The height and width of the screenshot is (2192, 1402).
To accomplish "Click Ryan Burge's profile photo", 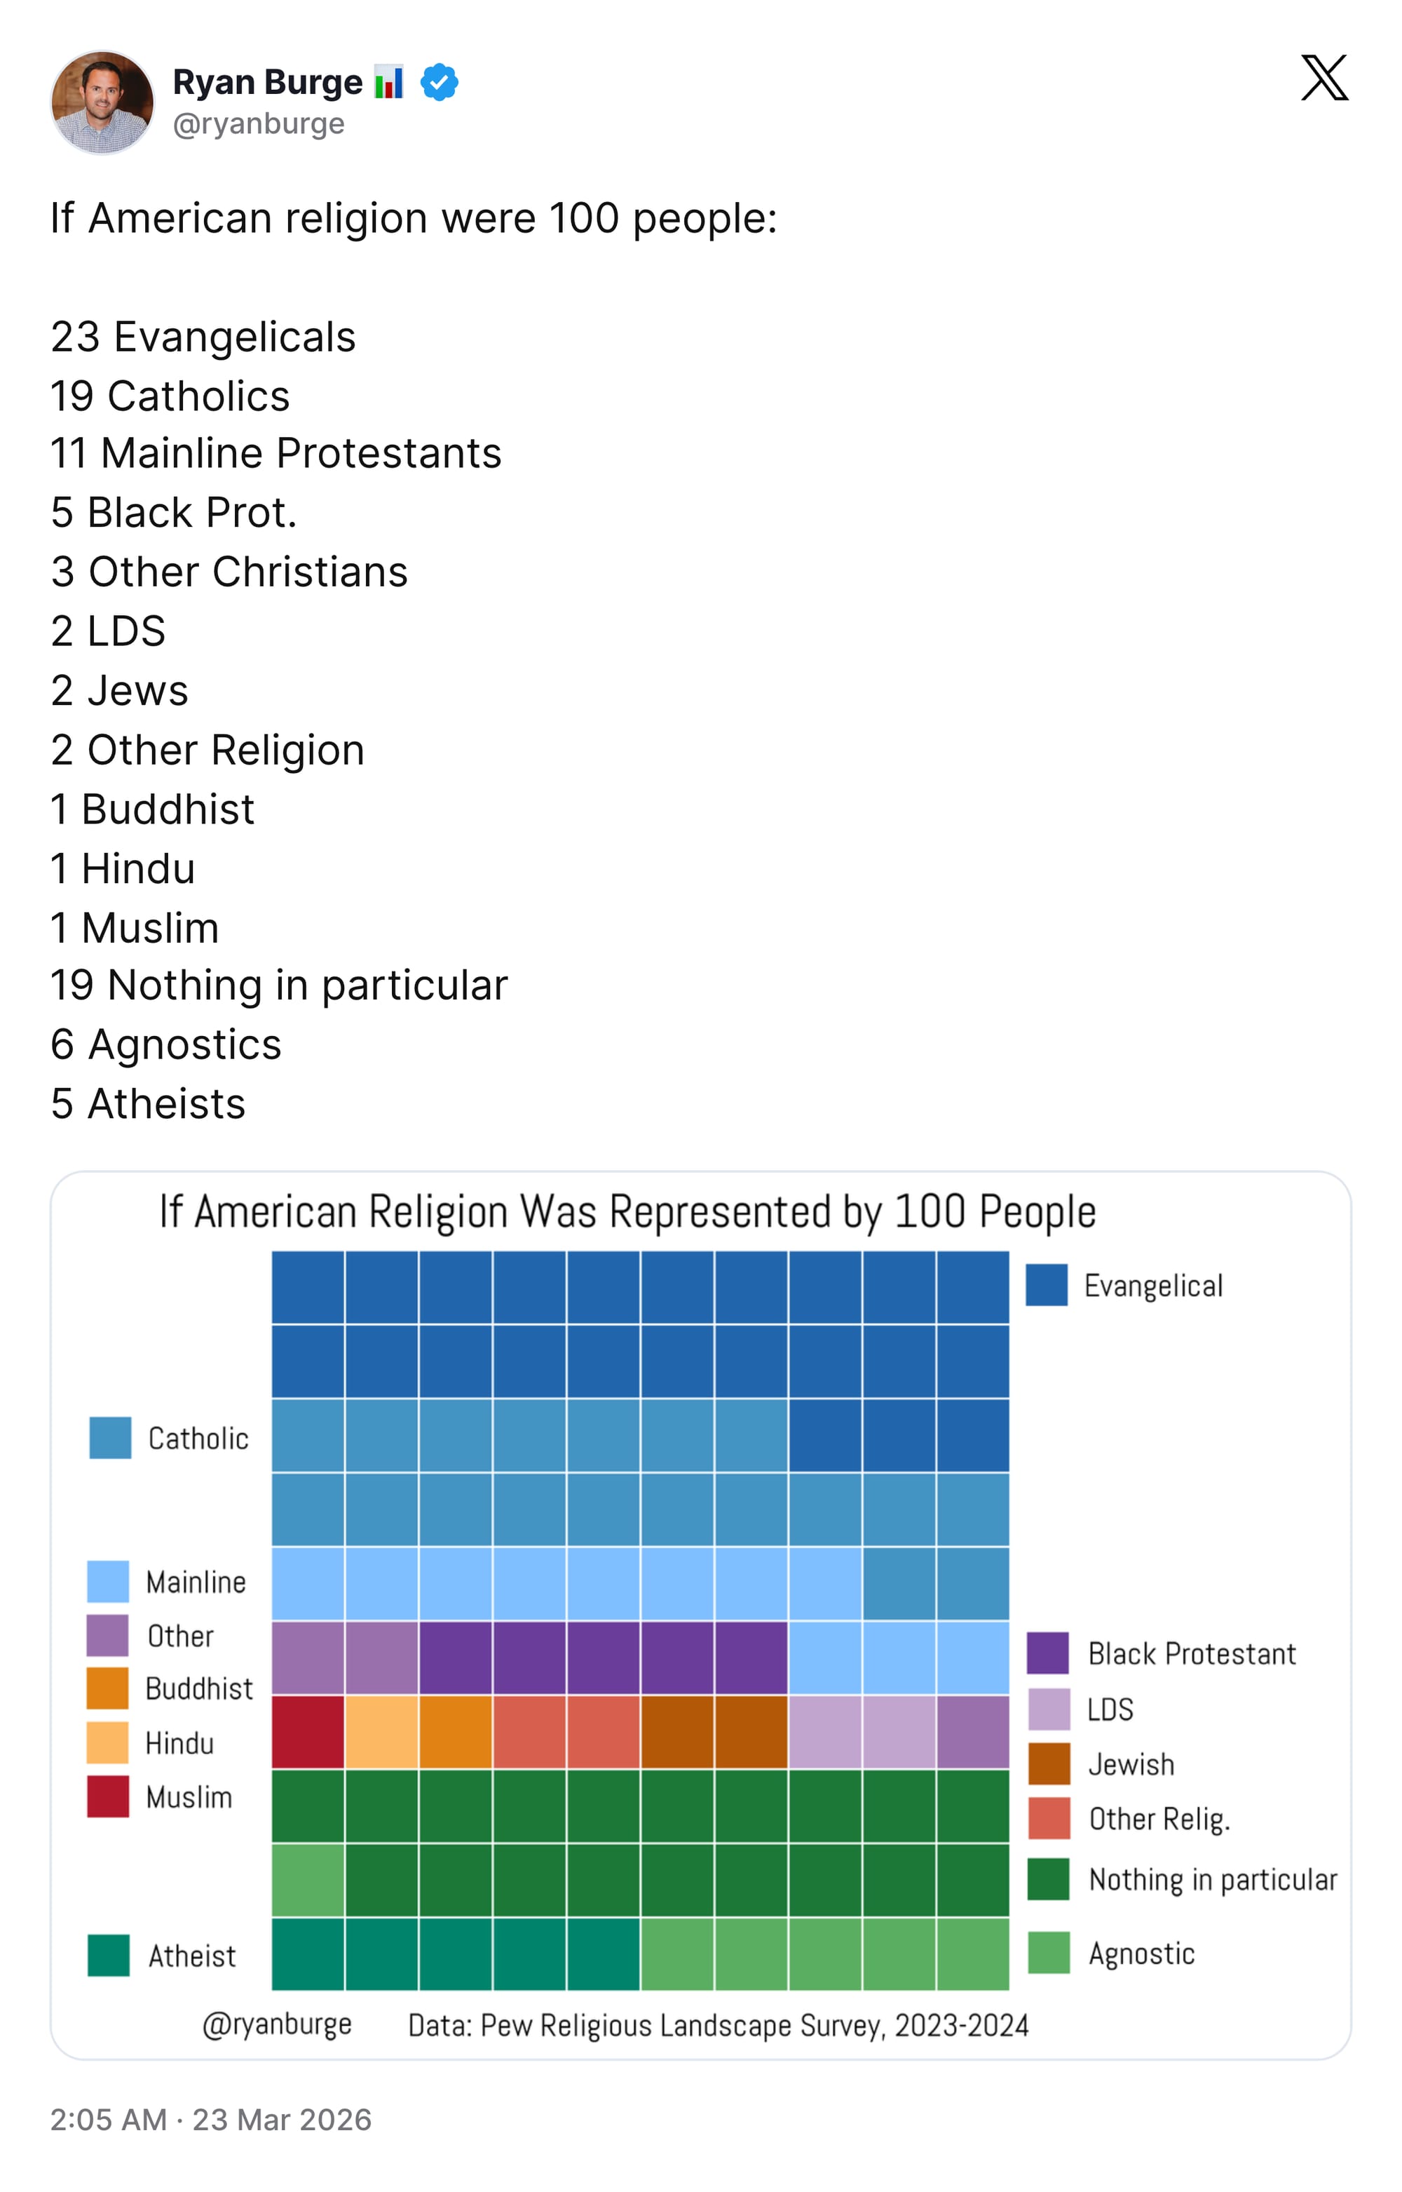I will (102, 102).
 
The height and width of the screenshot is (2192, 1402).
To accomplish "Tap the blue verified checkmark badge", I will (439, 82).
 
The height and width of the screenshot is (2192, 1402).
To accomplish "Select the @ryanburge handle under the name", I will (259, 124).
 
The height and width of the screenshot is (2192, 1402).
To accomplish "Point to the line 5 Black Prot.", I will (174, 513).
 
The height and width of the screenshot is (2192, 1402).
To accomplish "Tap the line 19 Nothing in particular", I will (278, 986).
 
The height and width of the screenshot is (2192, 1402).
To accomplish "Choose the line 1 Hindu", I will (123, 869).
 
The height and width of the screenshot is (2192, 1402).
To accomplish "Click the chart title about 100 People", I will (627, 1212).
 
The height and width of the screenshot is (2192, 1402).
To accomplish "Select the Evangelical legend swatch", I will (1046, 1285).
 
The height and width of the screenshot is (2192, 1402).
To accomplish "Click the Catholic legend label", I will (198, 1439).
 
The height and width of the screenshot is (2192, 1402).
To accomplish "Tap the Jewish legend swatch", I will (1048, 1764).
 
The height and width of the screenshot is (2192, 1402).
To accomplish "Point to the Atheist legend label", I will (192, 1956).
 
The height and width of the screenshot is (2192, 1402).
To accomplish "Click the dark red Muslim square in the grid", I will (308, 1731).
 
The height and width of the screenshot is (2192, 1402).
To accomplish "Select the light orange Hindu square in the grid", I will (381, 1731).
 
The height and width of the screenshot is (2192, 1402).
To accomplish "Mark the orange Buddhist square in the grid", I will (455, 1731).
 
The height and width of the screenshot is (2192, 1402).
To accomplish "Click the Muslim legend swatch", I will (107, 1797).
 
